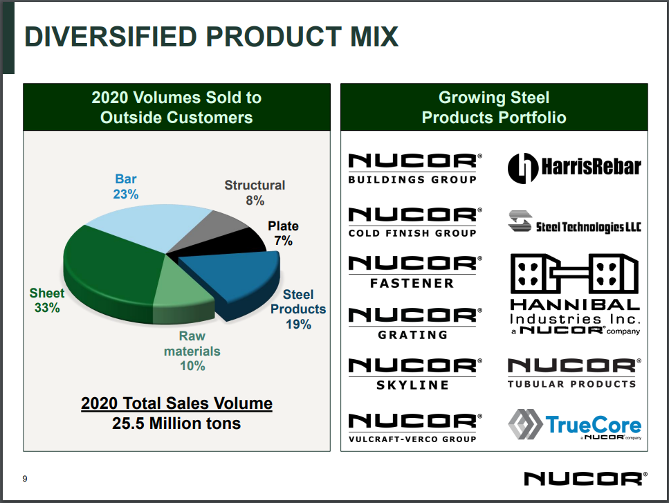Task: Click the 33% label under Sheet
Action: (47, 309)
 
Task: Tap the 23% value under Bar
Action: (126, 194)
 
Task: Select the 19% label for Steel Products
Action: (298, 324)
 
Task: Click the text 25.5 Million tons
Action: (176, 423)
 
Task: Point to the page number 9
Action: (25, 478)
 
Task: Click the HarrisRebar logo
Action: (574, 167)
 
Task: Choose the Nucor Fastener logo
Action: (412, 271)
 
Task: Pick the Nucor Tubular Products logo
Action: (571, 373)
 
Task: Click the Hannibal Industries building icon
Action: (574, 273)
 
